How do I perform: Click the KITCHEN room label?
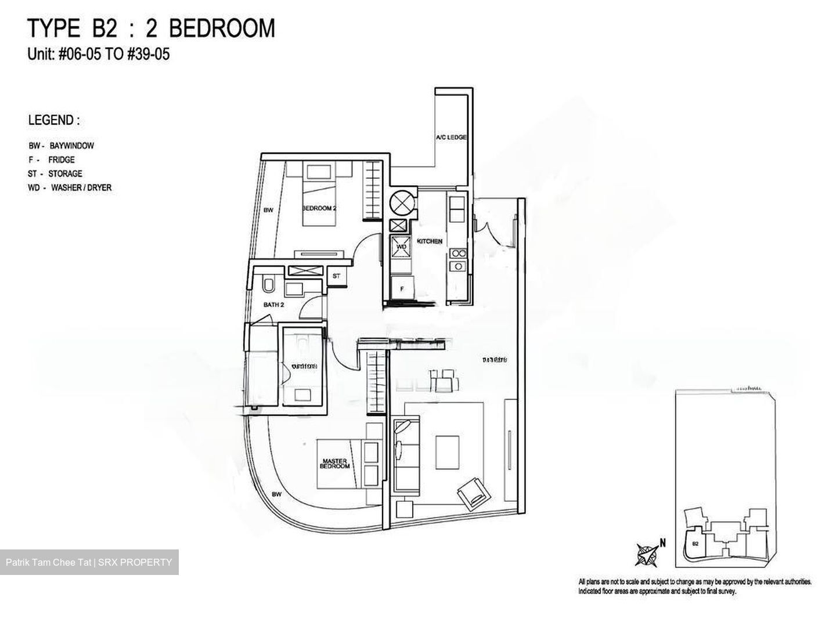[x=429, y=241]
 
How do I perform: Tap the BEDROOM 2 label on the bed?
[x=319, y=208]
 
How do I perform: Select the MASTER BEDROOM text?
[x=335, y=464]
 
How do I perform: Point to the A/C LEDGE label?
[x=452, y=138]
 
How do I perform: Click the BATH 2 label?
[x=273, y=304]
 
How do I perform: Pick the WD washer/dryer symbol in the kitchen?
[x=401, y=247]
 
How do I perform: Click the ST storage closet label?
[x=336, y=276]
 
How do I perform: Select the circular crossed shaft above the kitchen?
[x=400, y=202]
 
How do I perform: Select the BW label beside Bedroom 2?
[x=268, y=211]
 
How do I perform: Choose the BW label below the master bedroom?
[x=276, y=494]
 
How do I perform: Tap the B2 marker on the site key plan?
[x=695, y=544]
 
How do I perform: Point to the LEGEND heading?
[x=53, y=120]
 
